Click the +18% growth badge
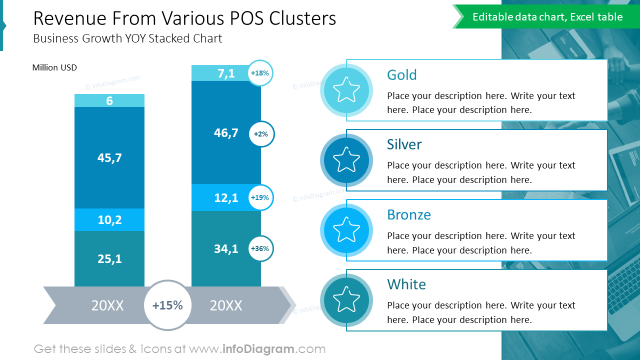[260, 73]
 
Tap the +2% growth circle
[261, 134]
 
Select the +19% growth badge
[260, 197]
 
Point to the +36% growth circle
[260, 248]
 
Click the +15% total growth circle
[167, 305]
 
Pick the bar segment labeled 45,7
[109, 157]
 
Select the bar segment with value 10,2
[109, 219]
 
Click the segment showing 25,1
[109, 258]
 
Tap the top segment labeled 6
[109, 100]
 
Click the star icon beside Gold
[346, 90]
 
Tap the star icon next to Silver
[346, 160]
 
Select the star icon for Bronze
[346, 230]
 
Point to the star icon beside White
[346, 300]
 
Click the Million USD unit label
[54, 67]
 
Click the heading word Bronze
[408, 214]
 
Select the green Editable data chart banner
[547, 17]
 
